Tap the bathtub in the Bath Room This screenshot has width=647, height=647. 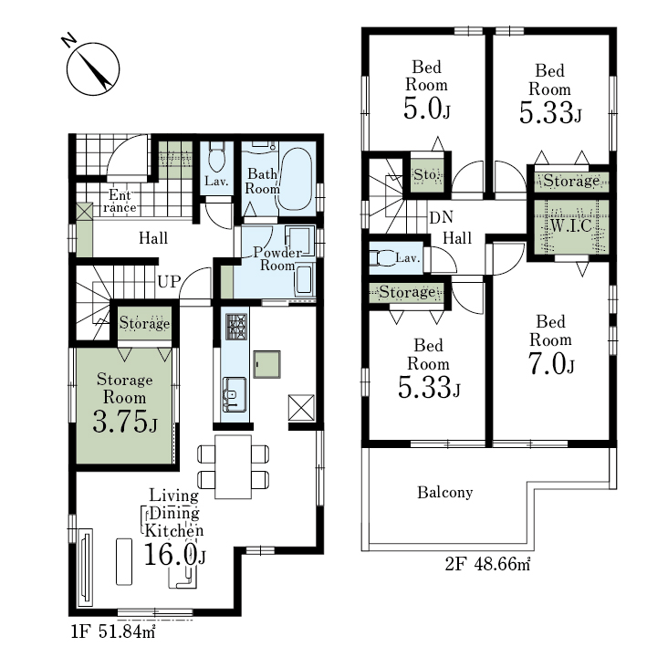click(295, 180)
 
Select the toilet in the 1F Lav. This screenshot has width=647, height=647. click(216, 157)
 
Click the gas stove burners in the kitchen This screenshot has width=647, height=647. click(236, 327)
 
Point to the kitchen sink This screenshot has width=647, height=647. click(235, 394)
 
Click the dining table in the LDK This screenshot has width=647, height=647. click(233, 466)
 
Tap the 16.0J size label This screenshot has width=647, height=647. click(174, 554)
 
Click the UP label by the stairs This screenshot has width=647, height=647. click(169, 282)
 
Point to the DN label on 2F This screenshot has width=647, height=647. click(441, 217)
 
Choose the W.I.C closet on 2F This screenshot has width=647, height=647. click(571, 227)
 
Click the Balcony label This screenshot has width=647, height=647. click(444, 492)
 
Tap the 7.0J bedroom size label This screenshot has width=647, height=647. click(551, 364)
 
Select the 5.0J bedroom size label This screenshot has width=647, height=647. click(427, 109)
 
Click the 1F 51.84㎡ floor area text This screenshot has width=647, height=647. click(113, 631)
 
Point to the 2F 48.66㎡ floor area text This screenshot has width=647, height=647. click(487, 564)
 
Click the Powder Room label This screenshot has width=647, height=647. click(277, 258)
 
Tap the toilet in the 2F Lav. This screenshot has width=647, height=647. click(381, 258)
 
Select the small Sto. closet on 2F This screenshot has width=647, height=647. click(427, 175)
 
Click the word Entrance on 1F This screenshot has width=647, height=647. click(120, 201)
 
